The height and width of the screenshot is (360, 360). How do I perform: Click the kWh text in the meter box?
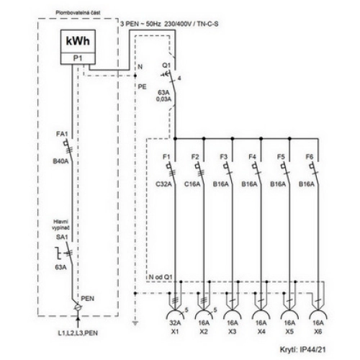pyautogui.click(x=78, y=41)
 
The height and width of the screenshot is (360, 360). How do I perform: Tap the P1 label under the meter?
pyautogui.click(x=78, y=58)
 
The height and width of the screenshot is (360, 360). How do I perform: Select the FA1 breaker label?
pyautogui.click(x=62, y=134)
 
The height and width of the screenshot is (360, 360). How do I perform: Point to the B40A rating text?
pyautogui.click(x=60, y=161)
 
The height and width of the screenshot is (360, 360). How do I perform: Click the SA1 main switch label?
pyautogui.click(x=62, y=237)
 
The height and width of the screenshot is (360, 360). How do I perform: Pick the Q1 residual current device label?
pyautogui.click(x=166, y=66)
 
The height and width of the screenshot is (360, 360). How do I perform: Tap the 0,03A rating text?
pyautogui.click(x=163, y=99)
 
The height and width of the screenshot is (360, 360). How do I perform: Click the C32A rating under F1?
pyautogui.click(x=163, y=184)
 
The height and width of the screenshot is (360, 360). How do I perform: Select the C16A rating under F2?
pyautogui.click(x=192, y=184)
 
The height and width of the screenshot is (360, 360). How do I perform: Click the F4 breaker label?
pyautogui.click(x=252, y=157)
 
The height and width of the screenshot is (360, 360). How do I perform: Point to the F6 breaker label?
pyautogui.click(x=310, y=157)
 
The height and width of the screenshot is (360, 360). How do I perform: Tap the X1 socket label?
pyautogui.click(x=175, y=331)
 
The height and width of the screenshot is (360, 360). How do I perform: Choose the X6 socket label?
pyautogui.click(x=318, y=331)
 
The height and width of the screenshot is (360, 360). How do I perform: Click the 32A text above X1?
pyautogui.click(x=175, y=323)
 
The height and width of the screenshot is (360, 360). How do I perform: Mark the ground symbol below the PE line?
pyautogui.click(x=135, y=323)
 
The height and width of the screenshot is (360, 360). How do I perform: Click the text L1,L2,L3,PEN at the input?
pyautogui.click(x=78, y=333)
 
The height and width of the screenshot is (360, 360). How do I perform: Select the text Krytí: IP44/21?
pyautogui.click(x=303, y=349)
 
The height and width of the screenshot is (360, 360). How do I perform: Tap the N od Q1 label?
pyautogui.click(x=161, y=277)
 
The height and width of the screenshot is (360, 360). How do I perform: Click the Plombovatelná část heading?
pyautogui.click(x=78, y=12)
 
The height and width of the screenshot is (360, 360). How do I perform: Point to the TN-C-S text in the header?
pyautogui.click(x=208, y=24)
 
